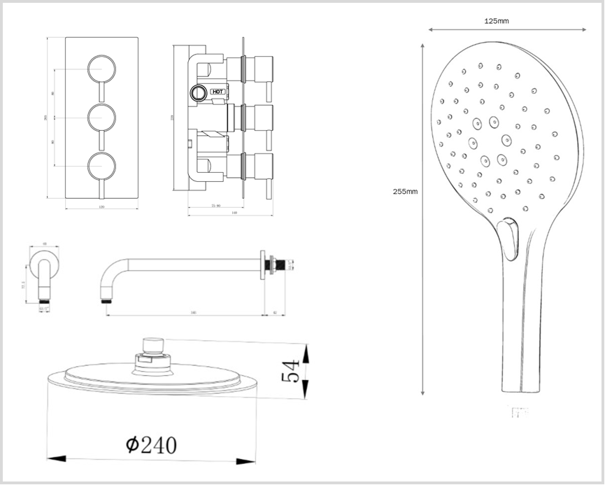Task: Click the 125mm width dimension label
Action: (497, 21)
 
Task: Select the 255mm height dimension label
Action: (405, 190)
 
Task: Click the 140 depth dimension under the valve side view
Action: (215, 213)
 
